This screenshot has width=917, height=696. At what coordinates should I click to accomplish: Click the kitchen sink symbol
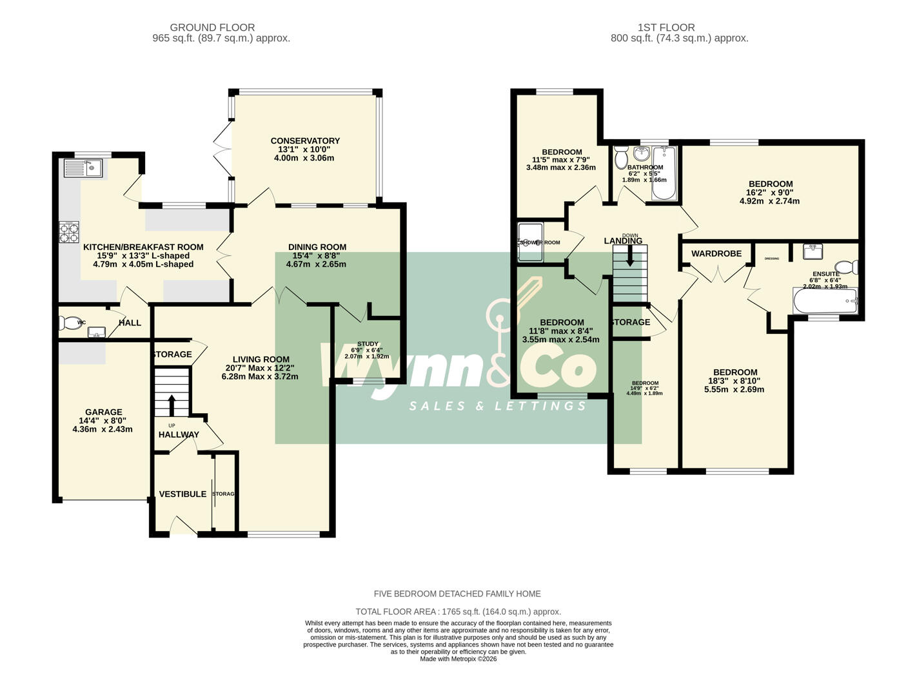(x=82, y=168)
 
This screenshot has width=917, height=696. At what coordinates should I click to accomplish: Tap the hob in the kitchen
(x=69, y=231)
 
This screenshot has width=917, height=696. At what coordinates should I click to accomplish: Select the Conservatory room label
(x=305, y=140)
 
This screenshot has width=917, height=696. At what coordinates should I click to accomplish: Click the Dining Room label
(x=317, y=247)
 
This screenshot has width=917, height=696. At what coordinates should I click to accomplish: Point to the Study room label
(x=368, y=344)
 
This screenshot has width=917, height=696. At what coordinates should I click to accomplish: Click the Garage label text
(x=103, y=412)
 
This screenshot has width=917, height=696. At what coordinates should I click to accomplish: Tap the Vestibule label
(x=182, y=494)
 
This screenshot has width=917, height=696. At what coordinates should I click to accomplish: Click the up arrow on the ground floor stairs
(x=172, y=404)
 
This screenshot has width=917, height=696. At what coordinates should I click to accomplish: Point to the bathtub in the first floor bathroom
(x=664, y=172)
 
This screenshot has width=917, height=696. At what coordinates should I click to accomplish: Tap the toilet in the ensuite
(x=846, y=267)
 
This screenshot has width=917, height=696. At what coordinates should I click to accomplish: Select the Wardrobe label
(x=716, y=254)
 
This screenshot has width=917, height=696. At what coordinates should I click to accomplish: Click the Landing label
(x=623, y=241)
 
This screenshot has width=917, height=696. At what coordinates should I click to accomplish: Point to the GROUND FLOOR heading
(x=212, y=28)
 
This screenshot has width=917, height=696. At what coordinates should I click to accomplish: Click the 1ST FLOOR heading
(x=666, y=28)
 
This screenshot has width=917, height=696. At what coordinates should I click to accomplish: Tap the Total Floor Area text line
(x=458, y=612)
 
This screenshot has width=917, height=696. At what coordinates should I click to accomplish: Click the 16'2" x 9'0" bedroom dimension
(x=769, y=192)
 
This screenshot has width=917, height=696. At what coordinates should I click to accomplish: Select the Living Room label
(x=261, y=360)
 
